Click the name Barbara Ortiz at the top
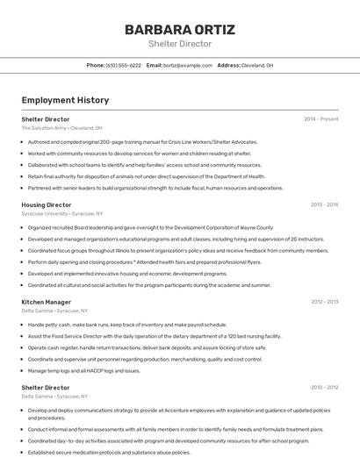click(x=179, y=29)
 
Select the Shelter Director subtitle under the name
click(x=179, y=43)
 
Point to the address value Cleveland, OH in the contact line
click(x=257, y=65)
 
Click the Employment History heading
click(x=65, y=100)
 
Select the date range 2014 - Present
click(x=320, y=118)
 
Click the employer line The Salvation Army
click(x=61, y=127)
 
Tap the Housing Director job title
click(x=47, y=204)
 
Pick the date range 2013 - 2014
click(x=324, y=204)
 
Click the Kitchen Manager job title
click(x=47, y=302)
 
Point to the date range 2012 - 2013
click(x=324, y=302)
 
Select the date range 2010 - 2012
click(x=324, y=387)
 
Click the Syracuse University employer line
click(x=61, y=213)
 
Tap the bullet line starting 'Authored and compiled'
click(x=142, y=141)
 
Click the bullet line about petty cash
click(x=126, y=324)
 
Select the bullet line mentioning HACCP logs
click(x=83, y=370)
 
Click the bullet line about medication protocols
click(x=109, y=452)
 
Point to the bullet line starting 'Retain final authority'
click(x=146, y=175)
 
